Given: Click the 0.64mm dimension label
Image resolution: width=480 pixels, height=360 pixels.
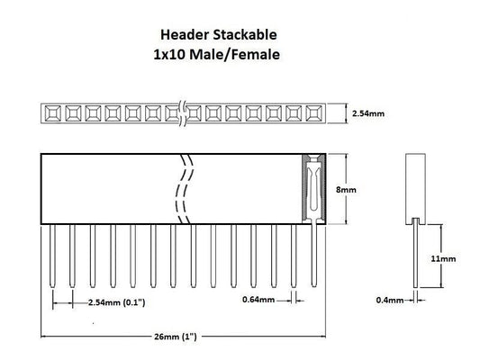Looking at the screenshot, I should coord(258,300).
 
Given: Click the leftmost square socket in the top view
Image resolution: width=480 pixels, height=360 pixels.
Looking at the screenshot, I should coord(51,113).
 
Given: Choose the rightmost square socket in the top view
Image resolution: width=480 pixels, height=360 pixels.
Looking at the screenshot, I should coord(313,113).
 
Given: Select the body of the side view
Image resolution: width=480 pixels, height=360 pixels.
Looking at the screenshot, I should coord(414,187).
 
